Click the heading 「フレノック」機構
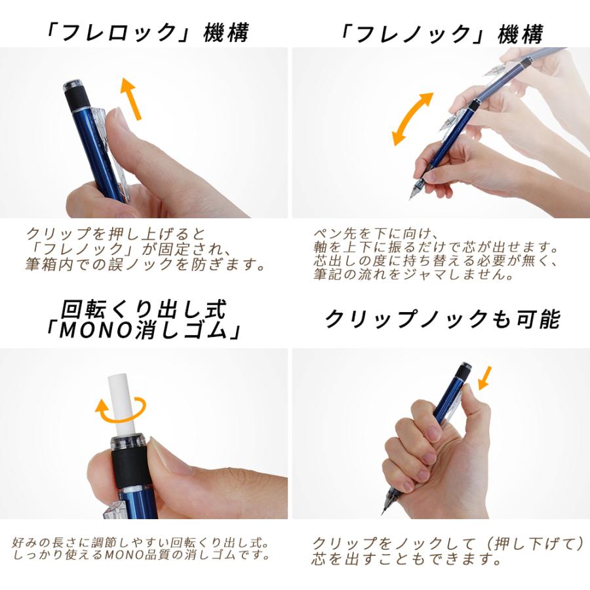441,33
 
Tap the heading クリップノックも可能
442,319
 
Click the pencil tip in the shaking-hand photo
412,193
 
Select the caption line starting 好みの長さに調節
141,544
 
